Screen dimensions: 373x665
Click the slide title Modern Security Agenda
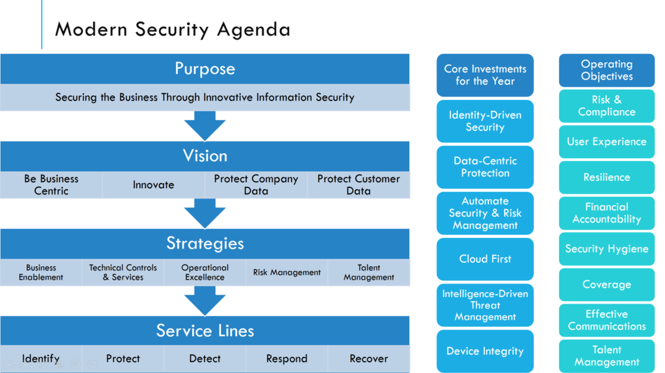(x=172, y=29)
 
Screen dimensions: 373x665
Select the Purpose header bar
(x=205, y=69)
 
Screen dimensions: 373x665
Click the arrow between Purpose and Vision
(x=205, y=125)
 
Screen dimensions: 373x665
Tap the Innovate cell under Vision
(x=153, y=185)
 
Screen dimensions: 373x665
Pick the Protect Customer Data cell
(x=358, y=185)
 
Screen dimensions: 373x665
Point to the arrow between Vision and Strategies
(x=205, y=213)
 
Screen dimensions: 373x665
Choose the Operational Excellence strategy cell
(x=205, y=272)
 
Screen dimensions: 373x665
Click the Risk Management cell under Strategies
(x=286, y=272)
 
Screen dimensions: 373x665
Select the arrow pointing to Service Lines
(x=205, y=300)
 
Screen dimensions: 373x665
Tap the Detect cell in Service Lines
(x=205, y=359)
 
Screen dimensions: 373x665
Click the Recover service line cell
(x=369, y=359)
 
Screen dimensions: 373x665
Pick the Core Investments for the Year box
(x=485, y=75)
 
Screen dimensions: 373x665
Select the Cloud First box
(x=485, y=259)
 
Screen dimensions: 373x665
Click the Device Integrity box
(x=485, y=351)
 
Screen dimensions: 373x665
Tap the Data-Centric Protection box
(x=485, y=167)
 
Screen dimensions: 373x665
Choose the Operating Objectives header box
(x=607, y=70)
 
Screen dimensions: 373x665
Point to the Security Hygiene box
(x=607, y=249)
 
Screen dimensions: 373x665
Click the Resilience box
(x=607, y=177)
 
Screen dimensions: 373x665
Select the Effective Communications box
(x=607, y=320)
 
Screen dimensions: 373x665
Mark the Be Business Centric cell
(x=51, y=185)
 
